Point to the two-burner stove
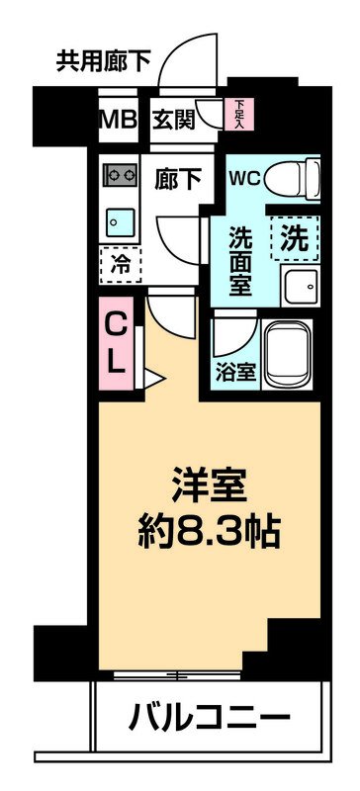point(120,174)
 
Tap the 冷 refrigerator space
point(120,263)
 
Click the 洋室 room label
point(209,489)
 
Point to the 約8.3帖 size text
point(209,534)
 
